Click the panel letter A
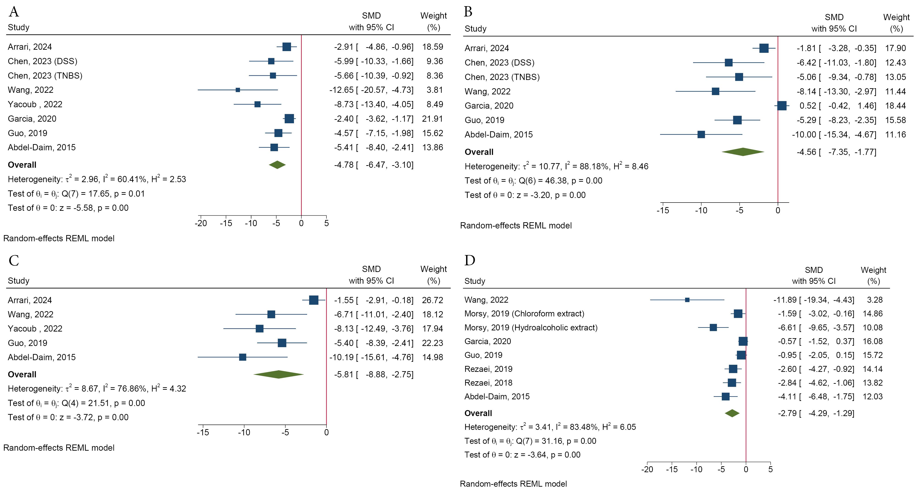(x=14, y=12)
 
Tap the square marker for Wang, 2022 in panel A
(x=238, y=90)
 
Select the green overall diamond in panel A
(x=277, y=165)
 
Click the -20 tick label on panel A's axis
(x=201, y=224)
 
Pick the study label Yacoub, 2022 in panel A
(x=35, y=104)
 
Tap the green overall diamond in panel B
(x=743, y=152)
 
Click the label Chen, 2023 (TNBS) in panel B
(x=502, y=77)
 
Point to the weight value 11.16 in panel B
(x=895, y=135)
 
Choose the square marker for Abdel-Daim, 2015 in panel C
(x=242, y=357)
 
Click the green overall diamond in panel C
(x=279, y=374)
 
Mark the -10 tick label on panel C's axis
(x=244, y=432)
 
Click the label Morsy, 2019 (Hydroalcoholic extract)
(x=531, y=327)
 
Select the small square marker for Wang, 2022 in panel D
(x=687, y=300)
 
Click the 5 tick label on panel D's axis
(x=770, y=469)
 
